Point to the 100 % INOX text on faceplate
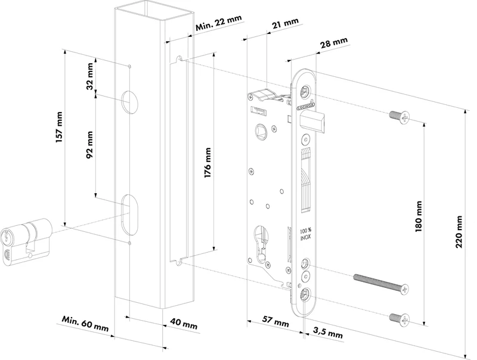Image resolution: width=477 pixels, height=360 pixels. (304, 235)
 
